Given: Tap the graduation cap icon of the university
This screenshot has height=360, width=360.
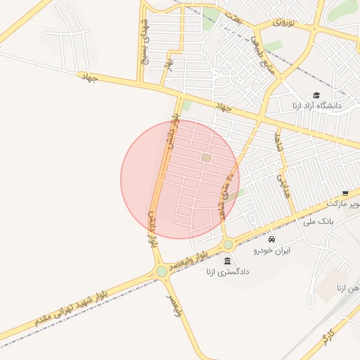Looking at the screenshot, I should point(316,95).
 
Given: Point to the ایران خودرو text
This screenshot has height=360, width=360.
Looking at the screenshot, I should point(272,250).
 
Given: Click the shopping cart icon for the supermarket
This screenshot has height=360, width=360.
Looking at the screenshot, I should point(345,193).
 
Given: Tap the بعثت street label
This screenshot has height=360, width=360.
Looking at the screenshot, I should point(233,16).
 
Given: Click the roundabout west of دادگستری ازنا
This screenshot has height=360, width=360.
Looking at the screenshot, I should point(162,271).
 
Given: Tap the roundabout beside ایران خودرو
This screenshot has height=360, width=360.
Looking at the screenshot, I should point(228,245).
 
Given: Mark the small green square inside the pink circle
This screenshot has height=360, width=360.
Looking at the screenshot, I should point(206,157).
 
